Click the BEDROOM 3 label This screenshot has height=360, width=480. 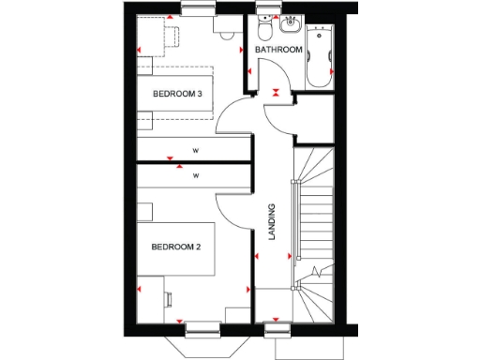[178, 94]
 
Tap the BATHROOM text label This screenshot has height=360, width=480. [279, 50]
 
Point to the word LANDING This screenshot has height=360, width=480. [272, 224]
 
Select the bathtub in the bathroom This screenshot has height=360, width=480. [320, 54]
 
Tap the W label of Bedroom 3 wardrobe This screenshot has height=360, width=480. [196, 150]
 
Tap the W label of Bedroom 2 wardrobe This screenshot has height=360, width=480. [196, 174]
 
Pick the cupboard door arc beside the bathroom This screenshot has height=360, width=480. [281, 117]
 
